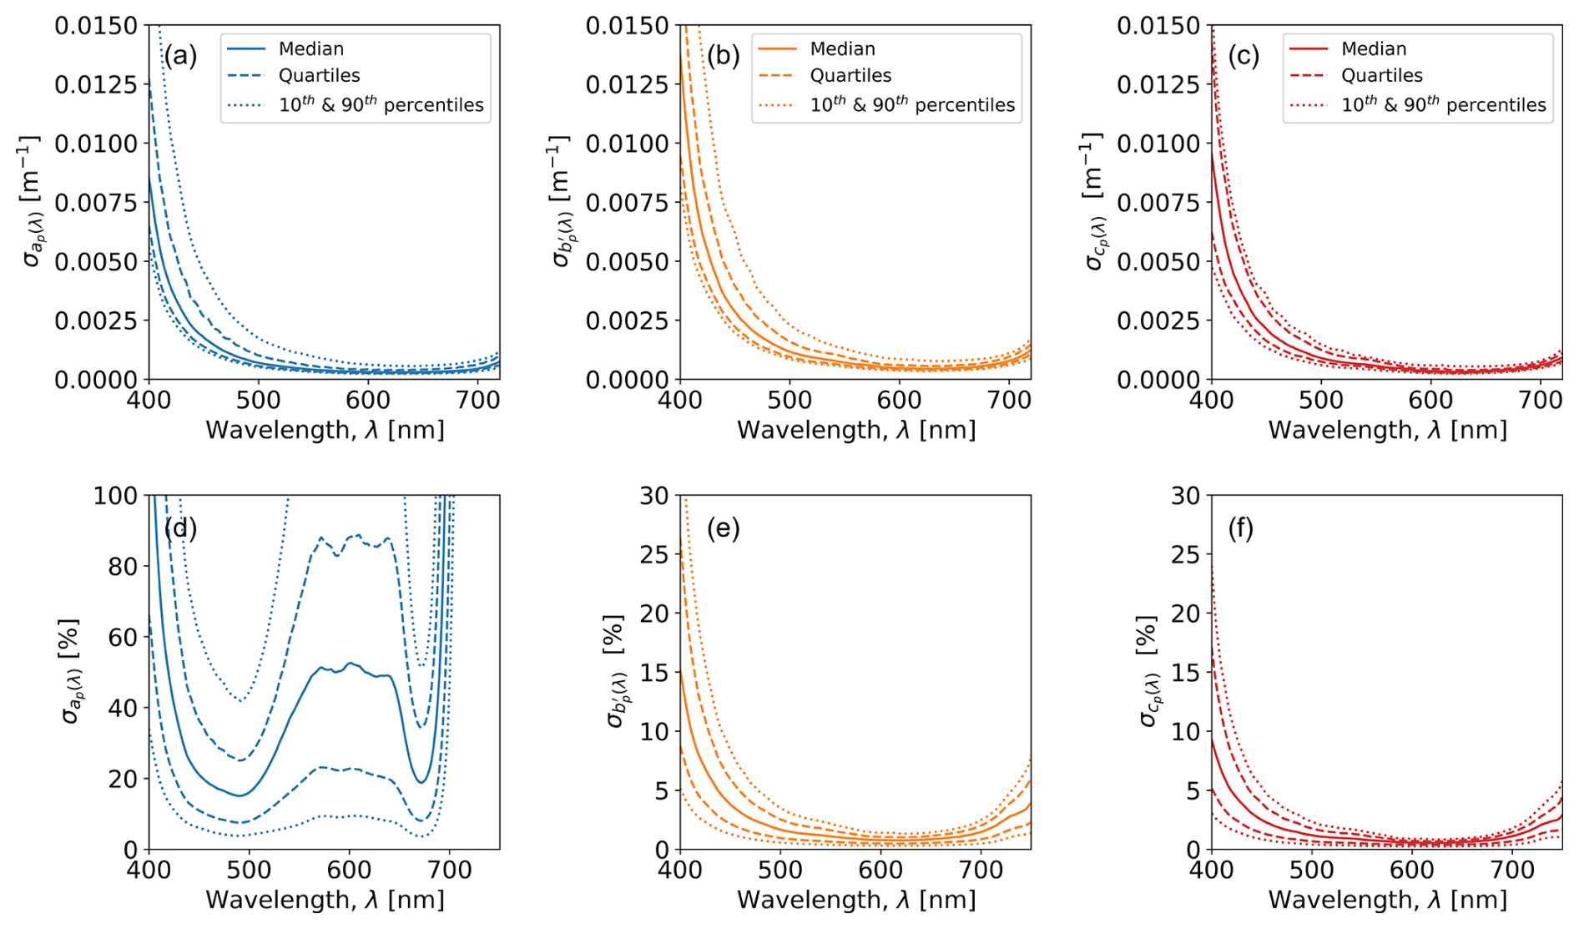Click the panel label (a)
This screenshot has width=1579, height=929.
(x=180, y=56)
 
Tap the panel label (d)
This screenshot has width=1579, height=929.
(x=180, y=528)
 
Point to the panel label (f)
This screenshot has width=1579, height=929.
(x=1241, y=528)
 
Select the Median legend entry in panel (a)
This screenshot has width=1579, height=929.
(x=310, y=48)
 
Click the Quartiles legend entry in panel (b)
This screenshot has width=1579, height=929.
(x=850, y=75)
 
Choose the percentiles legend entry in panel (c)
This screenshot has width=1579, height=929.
(x=1443, y=105)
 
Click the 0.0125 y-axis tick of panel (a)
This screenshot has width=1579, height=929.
(x=95, y=84)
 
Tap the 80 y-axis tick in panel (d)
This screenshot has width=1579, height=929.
(x=124, y=566)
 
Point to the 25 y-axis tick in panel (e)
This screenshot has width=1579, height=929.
(x=654, y=554)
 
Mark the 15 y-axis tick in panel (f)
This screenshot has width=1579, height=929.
(x=1186, y=672)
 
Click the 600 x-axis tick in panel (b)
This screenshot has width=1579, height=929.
(x=899, y=401)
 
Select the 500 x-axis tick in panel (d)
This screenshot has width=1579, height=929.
(x=249, y=871)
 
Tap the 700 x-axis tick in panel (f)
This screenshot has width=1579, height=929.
(x=1512, y=871)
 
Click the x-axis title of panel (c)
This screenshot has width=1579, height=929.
(x=1387, y=430)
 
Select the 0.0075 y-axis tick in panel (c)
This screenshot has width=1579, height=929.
(x=1158, y=202)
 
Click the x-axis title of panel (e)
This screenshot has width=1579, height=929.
(x=855, y=900)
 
